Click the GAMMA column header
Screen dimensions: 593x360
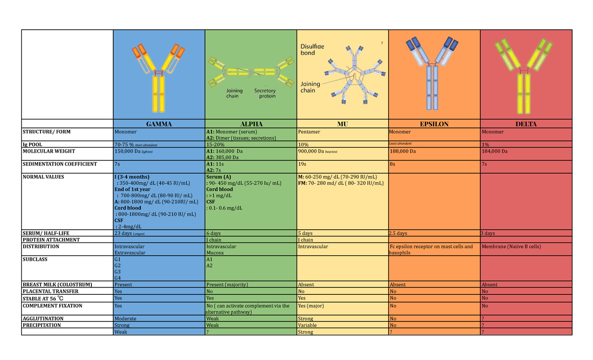(159, 124)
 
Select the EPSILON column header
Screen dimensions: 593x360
(434, 124)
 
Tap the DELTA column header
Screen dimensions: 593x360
(526, 124)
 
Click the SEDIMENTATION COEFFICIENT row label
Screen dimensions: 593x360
(60, 164)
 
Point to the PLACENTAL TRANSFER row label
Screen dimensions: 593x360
(50, 291)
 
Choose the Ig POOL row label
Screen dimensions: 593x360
(32, 144)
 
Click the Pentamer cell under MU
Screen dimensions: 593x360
(309, 132)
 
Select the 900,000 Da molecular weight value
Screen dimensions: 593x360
(311, 151)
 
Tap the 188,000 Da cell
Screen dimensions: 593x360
(403, 151)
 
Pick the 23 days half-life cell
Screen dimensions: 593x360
(123, 233)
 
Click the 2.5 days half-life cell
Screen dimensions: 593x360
(398, 233)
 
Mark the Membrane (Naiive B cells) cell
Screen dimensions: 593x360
(511, 246)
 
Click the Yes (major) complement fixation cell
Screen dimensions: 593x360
(311, 306)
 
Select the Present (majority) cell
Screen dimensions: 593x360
(227, 284)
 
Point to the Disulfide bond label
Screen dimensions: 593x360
(312, 49)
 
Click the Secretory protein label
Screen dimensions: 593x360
(265, 93)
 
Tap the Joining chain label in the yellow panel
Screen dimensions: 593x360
(310, 87)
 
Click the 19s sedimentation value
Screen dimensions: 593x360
(302, 164)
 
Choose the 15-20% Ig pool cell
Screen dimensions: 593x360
(215, 144)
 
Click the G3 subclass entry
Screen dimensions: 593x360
(118, 272)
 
